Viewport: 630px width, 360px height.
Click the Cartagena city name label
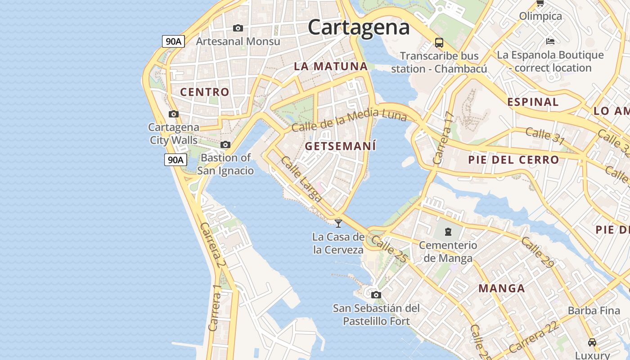(x=359, y=27)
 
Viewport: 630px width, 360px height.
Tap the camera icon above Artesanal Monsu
(x=238, y=28)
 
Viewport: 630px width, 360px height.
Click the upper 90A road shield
(x=174, y=41)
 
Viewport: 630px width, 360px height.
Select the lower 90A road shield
(x=175, y=159)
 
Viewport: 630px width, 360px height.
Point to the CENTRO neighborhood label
(x=205, y=92)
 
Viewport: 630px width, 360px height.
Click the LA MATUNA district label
(x=331, y=66)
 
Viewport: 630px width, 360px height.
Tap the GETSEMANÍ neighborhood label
(x=340, y=146)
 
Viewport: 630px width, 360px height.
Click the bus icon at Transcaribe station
(x=439, y=43)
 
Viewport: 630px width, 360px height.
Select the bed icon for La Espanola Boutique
(x=550, y=41)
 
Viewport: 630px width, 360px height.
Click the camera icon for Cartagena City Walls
(x=174, y=114)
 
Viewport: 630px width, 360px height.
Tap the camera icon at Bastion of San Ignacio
(x=225, y=145)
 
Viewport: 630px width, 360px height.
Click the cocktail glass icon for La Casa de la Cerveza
(x=338, y=223)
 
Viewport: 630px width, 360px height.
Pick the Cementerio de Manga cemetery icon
(x=448, y=232)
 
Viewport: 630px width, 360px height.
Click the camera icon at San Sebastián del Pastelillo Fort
(x=376, y=295)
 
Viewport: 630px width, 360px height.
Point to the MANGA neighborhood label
(x=501, y=288)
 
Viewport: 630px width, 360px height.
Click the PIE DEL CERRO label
(x=513, y=160)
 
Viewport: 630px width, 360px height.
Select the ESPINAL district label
(x=533, y=102)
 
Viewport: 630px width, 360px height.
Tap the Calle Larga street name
(x=301, y=179)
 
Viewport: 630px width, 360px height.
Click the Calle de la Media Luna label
(x=349, y=120)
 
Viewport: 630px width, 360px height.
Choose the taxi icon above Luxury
(x=592, y=342)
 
